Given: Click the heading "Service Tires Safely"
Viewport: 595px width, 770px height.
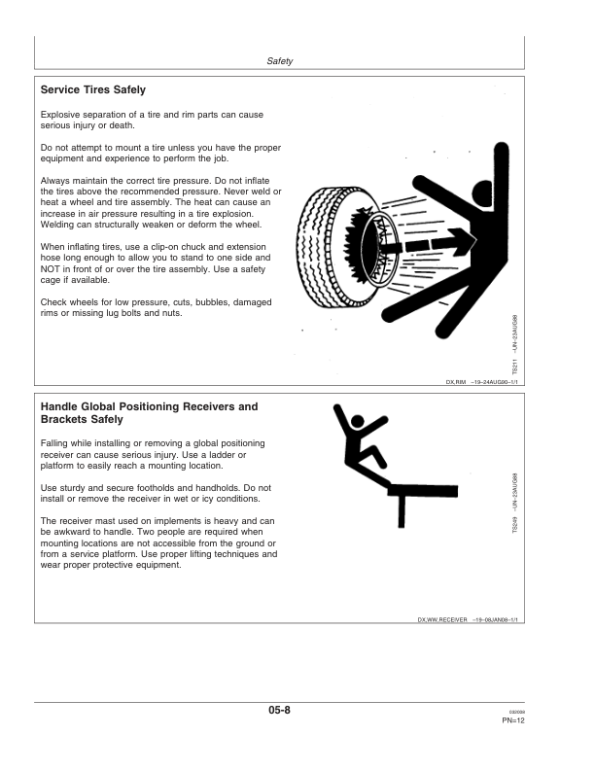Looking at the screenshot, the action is pos(92,89).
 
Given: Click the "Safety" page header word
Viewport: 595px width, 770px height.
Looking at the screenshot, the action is pos(279,61).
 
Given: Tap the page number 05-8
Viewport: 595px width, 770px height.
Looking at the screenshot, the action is pos(279,710).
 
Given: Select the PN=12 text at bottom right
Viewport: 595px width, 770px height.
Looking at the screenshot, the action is pos(513,720).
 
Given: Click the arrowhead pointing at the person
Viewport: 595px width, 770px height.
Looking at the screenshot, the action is pos(463,242).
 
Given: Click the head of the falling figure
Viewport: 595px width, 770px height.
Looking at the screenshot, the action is pos(358,421).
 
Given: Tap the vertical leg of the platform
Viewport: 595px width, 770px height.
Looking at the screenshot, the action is pos(402,511).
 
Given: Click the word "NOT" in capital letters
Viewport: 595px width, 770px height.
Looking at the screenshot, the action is pos(51,269).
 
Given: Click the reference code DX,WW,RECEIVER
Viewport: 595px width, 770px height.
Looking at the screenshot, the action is pos(442,619).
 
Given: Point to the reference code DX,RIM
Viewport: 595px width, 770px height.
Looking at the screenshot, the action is pos(456,382).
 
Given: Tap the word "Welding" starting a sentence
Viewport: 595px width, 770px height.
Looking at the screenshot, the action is pos(56,225).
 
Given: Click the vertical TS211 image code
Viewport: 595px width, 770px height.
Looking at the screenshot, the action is pos(514,367).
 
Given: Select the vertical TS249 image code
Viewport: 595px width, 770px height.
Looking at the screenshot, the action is pos(514,524).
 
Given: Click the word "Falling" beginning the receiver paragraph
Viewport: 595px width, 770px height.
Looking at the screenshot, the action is pos(54,443).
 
